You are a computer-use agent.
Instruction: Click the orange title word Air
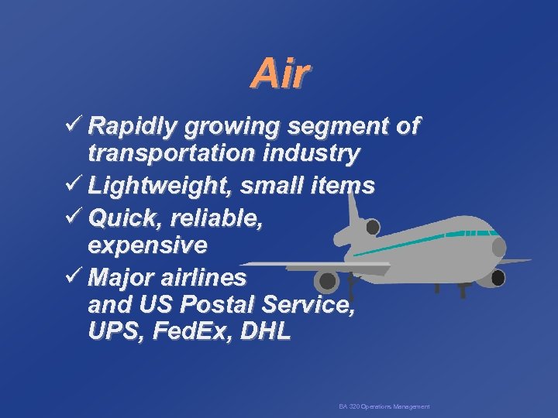pyautogui.click(x=281, y=75)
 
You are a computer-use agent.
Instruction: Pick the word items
pyautogui.click(x=341, y=186)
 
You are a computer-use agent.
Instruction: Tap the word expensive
pyautogui.click(x=147, y=246)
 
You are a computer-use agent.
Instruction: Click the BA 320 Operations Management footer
pyautogui.click(x=384, y=406)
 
